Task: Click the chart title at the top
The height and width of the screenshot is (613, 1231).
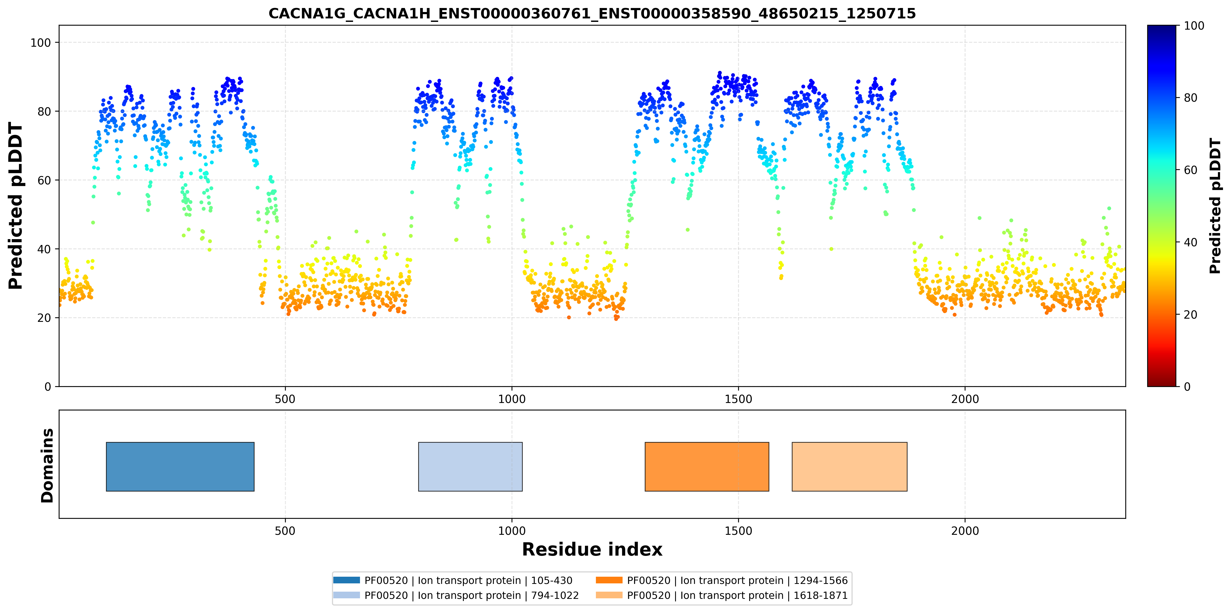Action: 592,13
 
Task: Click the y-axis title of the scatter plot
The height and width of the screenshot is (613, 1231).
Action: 16,206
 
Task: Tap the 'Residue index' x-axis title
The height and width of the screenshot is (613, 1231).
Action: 592,549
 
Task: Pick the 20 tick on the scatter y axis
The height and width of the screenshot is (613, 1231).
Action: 44,318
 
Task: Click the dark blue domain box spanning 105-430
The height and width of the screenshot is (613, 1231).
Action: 180,467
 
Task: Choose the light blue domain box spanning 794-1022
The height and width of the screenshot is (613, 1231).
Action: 470,467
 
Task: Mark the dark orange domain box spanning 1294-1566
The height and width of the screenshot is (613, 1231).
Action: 707,467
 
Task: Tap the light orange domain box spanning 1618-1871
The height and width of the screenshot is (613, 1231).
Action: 850,467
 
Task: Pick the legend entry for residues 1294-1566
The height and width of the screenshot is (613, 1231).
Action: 722,580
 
